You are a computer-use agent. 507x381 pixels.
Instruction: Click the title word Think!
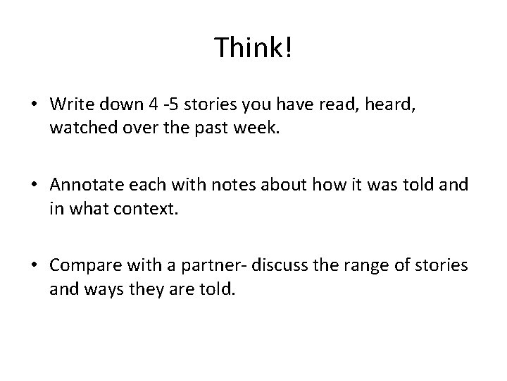pyautogui.click(x=253, y=47)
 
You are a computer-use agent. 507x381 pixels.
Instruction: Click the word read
pyautogui.click(x=354, y=104)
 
